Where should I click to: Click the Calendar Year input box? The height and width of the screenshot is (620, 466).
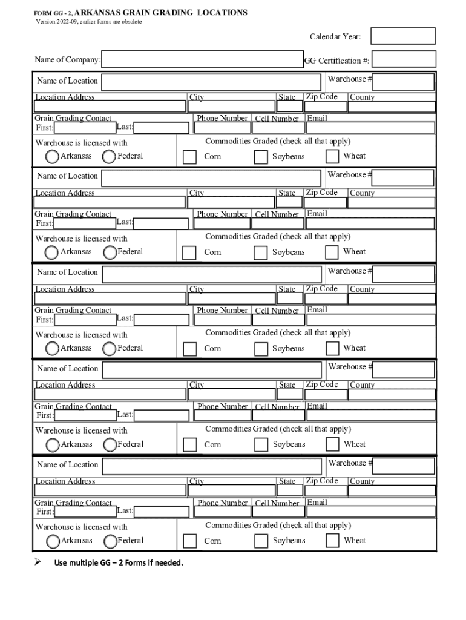402,36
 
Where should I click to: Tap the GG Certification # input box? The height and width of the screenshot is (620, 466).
404,59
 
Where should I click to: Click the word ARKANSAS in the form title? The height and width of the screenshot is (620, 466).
99,13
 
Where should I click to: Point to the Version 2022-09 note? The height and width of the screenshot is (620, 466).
89,22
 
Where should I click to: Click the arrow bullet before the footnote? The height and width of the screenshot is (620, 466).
38,562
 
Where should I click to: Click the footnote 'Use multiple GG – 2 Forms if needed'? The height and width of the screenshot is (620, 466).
119,563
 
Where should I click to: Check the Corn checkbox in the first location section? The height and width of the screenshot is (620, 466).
189,157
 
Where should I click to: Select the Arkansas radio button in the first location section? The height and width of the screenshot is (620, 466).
53,157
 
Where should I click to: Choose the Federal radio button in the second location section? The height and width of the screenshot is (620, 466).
110,252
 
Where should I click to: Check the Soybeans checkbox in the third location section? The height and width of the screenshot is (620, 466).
261,349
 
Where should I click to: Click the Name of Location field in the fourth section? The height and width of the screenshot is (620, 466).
211,370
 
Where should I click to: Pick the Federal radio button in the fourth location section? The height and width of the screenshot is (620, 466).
110,445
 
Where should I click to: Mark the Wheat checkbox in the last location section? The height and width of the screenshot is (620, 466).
332,541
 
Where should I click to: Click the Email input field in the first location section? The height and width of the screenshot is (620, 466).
370,128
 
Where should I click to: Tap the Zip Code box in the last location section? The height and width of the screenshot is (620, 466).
326,490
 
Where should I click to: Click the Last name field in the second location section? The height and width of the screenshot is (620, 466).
162,223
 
